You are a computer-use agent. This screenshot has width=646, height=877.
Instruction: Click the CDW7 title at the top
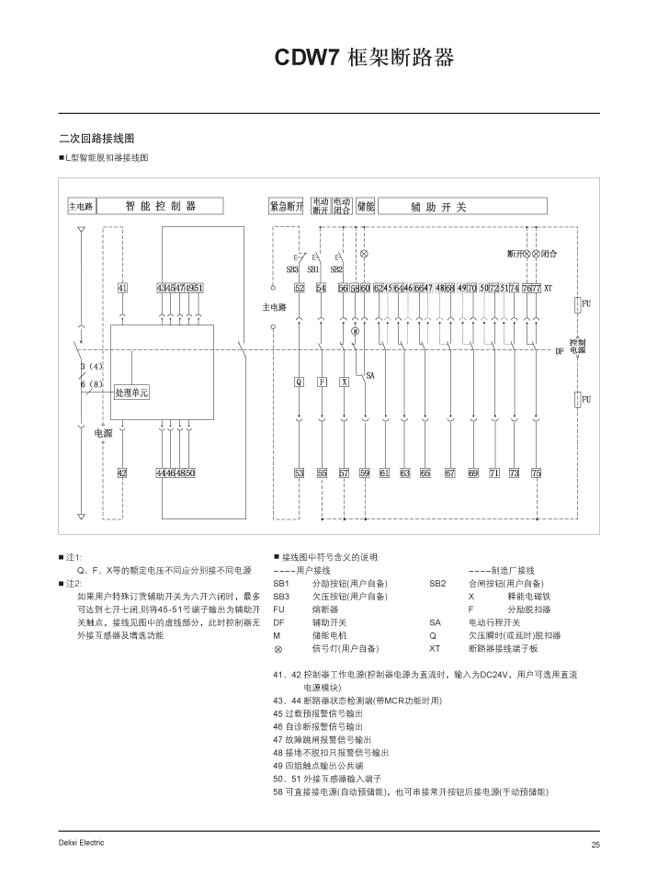[x=365, y=58]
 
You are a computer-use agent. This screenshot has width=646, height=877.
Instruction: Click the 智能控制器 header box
[x=161, y=207]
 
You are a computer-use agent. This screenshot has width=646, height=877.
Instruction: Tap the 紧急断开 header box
[x=286, y=207]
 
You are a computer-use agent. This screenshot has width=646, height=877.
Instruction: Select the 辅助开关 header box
[x=438, y=207]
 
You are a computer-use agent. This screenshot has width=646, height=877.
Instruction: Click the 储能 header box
[x=365, y=207]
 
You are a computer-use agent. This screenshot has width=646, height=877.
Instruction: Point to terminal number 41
[x=122, y=288]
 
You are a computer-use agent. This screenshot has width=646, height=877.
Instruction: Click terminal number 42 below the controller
[x=122, y=473]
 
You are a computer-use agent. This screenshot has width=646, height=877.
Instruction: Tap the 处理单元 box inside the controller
[x=131, y=393]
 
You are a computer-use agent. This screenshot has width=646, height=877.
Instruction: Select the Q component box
[x=299, y=382]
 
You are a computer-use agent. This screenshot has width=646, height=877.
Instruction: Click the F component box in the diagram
[x=322, y=382]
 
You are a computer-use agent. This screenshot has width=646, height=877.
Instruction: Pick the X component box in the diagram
[x=344, y=382]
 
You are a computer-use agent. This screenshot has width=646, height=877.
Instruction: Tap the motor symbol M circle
[x=355, y=330]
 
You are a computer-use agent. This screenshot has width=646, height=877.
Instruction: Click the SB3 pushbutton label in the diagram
[x=292, y=270]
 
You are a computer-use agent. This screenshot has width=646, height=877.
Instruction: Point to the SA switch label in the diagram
[x=370, y=375]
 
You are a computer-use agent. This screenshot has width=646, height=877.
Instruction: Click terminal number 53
[x=299, y=473]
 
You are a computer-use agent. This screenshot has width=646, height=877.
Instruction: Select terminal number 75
[x=537, y=473]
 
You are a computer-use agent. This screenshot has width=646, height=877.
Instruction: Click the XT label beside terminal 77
[x=548, y=288]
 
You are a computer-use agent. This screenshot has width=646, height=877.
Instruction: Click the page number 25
[x=595, y=844]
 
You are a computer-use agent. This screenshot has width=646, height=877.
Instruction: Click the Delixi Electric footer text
[x=81, y=843]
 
